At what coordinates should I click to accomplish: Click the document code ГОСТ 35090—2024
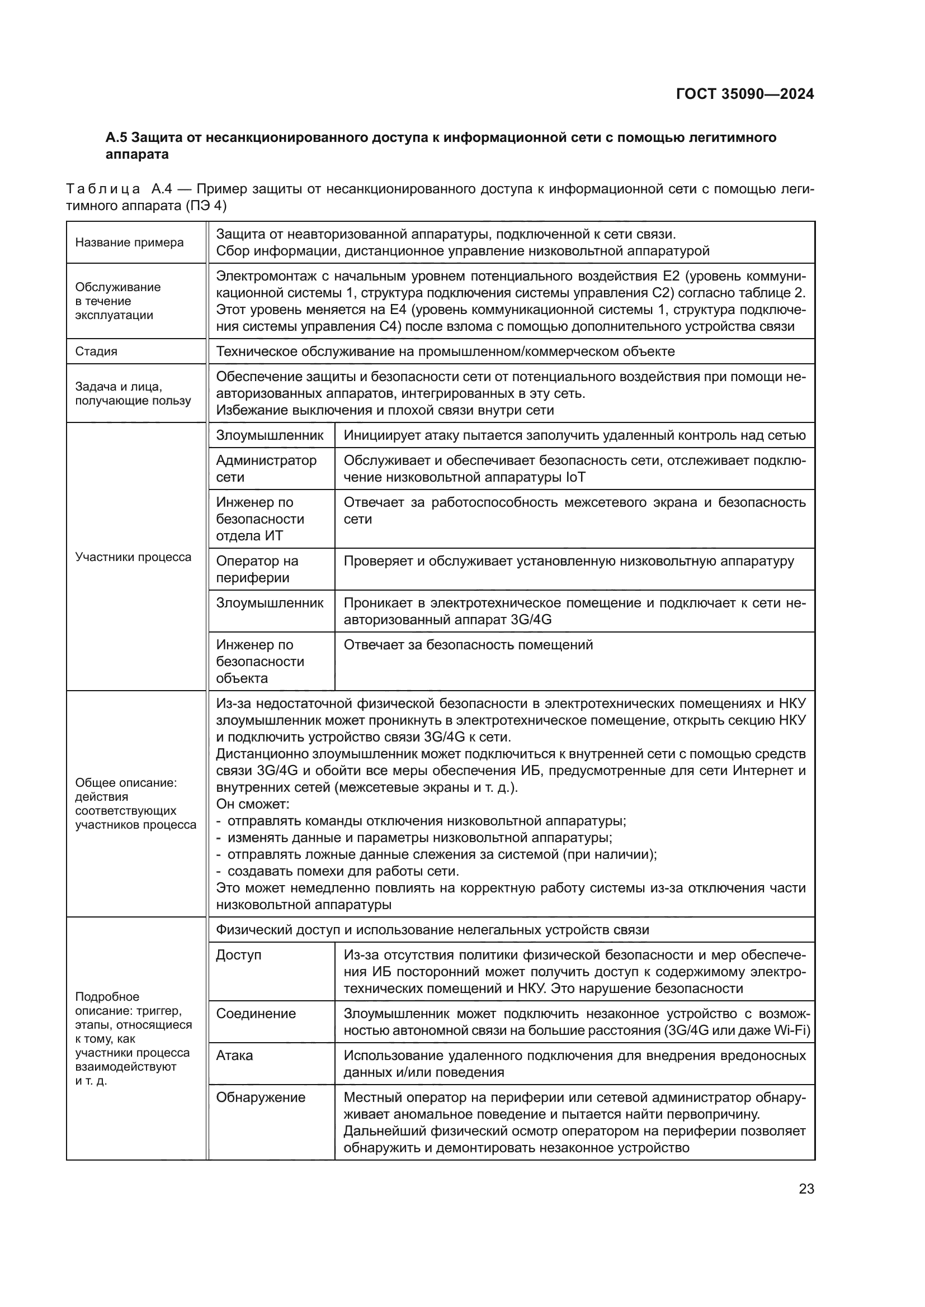point(744,94)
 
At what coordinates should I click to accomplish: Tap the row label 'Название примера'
point(129,243)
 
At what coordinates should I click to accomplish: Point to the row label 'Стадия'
point(96,351)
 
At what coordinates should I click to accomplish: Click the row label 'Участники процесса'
point(133,557)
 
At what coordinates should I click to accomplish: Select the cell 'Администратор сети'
point(266,468)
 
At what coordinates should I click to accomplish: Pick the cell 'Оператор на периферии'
point(257,569)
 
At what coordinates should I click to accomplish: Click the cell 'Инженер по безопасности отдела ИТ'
point(259,519)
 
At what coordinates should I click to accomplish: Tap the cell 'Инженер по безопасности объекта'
point(259,662)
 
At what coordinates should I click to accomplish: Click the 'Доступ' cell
point(238,954)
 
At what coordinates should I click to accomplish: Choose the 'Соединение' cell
point(256,1013)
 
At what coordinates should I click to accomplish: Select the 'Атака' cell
point(234,1056)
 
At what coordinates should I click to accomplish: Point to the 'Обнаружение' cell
point(260,1097)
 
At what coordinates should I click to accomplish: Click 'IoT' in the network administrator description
point(575,477)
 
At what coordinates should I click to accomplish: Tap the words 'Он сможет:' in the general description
point(252,804)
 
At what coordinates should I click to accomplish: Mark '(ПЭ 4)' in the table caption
point(206,206)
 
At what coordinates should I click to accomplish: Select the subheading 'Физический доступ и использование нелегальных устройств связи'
point(432,930)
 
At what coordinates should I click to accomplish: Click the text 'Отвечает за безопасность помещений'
point(468,645)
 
